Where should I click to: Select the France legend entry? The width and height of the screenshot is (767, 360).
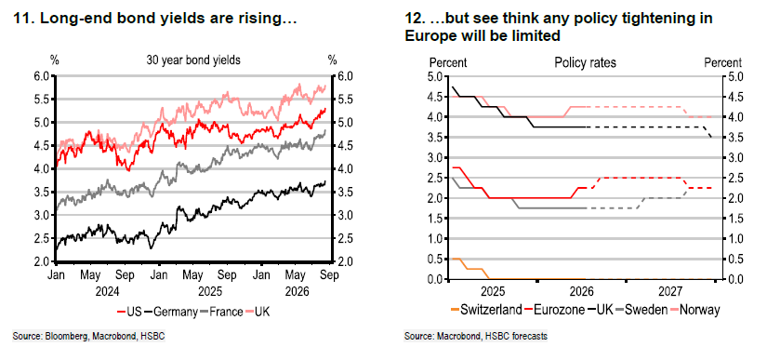220,312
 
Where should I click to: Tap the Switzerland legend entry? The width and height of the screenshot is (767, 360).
485,310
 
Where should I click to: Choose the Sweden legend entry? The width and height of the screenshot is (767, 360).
641,310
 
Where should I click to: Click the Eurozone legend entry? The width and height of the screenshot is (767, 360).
554,310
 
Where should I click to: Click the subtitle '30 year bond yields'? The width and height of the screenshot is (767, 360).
193,60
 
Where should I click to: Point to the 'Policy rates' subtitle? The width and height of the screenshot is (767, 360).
585,62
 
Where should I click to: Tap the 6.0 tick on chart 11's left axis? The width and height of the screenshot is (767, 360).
43,76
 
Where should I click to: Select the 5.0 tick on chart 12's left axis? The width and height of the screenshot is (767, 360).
433,76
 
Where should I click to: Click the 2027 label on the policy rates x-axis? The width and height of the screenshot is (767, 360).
670,292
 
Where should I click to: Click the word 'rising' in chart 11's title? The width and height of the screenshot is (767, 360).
261,20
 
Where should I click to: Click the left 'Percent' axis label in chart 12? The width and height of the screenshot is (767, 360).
448,62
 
